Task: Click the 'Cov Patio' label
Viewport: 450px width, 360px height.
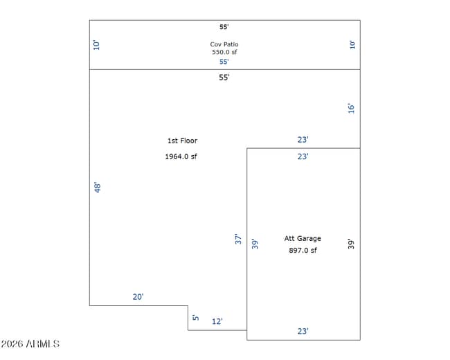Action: tap(224, 44)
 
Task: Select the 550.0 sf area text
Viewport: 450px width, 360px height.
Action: tap(224, 52)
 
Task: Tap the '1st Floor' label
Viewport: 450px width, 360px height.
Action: tap(182, 141)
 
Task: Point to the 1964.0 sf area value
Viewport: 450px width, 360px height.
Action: tap(181, 156)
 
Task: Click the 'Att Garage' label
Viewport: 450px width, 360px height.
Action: tap(303, 238)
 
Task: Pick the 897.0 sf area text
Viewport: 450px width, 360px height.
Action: tap(303, 251)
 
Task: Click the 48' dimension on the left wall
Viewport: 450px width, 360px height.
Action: tap(98, 187)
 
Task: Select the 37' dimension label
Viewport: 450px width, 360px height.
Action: tap(238, 239)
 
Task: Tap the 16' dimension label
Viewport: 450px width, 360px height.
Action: tap(351, 108)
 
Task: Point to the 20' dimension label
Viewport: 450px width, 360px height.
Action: tap(138, 296)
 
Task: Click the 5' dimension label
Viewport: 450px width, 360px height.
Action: tap(195, 317)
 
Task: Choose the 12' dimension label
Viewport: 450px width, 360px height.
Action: tap(217, 321)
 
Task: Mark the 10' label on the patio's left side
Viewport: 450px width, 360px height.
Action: tap(96, 45)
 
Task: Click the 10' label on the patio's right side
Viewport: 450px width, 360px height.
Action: tap(352, 45)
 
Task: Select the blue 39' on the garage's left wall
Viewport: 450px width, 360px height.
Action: tap(255, 244)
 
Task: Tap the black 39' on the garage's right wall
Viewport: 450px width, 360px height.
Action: tap(351, 244)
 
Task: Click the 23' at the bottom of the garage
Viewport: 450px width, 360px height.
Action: tap(303, 331)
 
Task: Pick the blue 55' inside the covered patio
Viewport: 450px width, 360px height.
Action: tap(224, 62)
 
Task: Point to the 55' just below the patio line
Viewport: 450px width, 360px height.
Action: tap(224, 78)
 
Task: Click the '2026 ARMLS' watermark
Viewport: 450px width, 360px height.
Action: tap(30, 343)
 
